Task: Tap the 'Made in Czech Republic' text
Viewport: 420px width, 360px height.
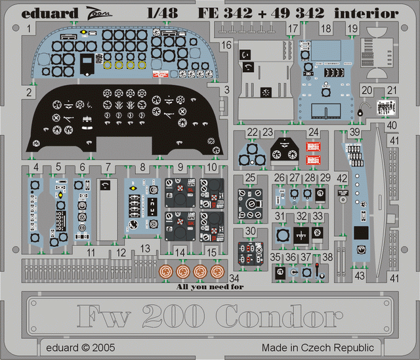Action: pos(318,348)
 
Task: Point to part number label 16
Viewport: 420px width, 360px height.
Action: pos(226,45)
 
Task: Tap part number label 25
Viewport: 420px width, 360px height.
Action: pos(251,178)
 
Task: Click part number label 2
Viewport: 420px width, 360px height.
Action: pos(29,92)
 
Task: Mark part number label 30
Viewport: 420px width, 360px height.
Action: pos(251,231)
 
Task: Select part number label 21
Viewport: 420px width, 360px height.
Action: pos(392,90)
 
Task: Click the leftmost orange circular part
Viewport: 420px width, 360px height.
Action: pos(164,271)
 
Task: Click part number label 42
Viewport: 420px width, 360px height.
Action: pos(342,178)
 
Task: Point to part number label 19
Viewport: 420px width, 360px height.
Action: pos(353,28)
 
